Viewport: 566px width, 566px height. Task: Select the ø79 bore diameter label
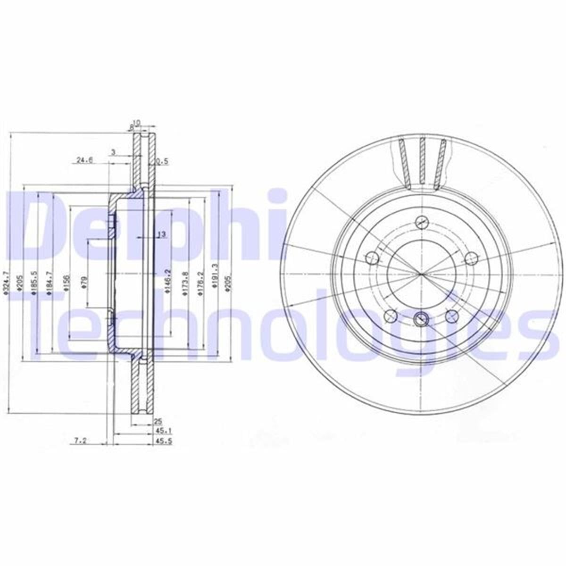83,282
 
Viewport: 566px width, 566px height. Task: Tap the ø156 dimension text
67,282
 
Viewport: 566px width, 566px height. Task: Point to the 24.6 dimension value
84,160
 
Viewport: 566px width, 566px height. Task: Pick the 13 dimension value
161,234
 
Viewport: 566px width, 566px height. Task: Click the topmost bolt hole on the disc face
421,223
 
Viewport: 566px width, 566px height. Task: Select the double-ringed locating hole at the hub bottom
420,319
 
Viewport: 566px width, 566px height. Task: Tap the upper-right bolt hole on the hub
470,258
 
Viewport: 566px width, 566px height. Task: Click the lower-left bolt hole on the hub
390,316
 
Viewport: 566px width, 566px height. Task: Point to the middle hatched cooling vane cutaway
422,160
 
